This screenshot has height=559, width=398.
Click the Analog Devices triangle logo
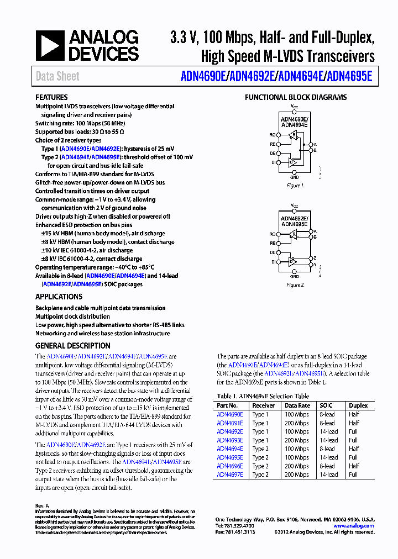(x=50, y=45)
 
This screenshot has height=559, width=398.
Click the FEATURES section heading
(x=51, y=97)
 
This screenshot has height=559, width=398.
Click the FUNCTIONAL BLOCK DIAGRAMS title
(x=296, y=97)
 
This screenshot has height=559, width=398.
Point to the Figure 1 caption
(x=296, y=186)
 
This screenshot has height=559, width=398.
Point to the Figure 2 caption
(x=296, y=285)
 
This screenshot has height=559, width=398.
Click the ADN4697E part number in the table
(x=230, y=474)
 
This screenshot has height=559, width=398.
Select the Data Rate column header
(x=297, y=405)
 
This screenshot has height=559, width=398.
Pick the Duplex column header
(x=358, y=405)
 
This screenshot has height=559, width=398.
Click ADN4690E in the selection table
(x=230, y=414)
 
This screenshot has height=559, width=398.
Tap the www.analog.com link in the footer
(x=355, y=526)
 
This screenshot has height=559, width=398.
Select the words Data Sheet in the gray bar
(x=57, y=76)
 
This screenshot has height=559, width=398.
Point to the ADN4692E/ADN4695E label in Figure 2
(x=294, y=221)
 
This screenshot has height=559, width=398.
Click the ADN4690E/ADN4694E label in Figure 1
(x=294, y=122)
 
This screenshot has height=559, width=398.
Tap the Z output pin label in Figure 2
(x=315, y=258)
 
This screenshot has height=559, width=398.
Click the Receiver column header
(x=264, y=405)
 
